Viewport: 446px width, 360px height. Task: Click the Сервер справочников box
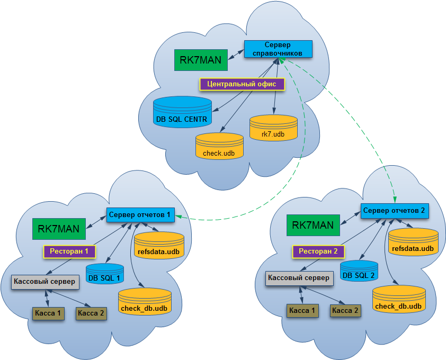pos(278,49)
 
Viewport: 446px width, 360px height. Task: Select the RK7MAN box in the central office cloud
pos(201,60)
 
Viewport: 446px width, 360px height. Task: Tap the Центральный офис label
pos(242,84)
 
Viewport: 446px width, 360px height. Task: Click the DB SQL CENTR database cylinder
pos(182,112)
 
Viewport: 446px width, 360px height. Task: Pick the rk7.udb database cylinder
pos(273,128)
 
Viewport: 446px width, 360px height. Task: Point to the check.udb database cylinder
pos(219,146)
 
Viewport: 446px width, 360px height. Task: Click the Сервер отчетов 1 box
pos(140,215)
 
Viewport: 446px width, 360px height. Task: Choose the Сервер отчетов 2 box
pos(394,210)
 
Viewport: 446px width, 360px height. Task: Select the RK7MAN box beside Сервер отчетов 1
pos(59,229)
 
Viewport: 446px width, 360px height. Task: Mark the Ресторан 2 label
pos(318,251)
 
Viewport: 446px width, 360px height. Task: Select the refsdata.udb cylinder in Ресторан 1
pos(159,246)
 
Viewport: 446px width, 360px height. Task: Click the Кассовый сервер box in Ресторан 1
pos(45,281)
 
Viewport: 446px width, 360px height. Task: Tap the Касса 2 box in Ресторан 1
pos(91,313)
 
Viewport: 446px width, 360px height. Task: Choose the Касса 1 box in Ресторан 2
pos(301,311)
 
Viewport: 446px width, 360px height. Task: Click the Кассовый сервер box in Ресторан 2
pos(299,277)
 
